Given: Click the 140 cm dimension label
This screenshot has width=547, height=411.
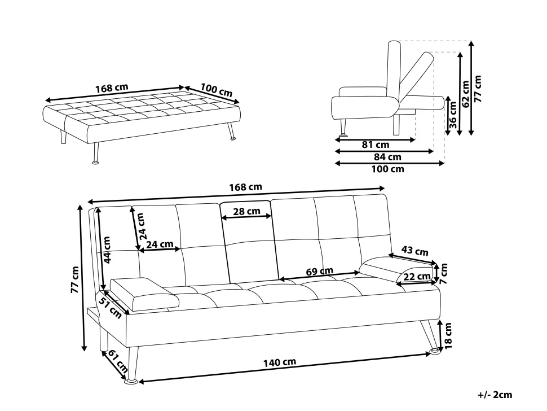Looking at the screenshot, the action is pos(280,362).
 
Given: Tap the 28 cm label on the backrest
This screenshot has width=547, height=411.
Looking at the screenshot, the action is pos(246,211).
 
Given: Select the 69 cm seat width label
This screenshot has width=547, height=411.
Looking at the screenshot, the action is pos(320,271).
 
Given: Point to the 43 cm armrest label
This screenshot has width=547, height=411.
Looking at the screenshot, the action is pos(415,250).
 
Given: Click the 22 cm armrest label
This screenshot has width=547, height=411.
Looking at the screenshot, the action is pos(417,277).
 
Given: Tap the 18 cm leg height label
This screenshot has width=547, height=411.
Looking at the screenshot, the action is pos(448,335).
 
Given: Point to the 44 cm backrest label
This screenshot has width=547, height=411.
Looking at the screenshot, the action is pos(107,250).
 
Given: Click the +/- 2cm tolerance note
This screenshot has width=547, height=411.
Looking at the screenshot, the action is pos(495,395).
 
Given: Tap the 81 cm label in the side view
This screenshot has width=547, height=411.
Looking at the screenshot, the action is pos(375,145).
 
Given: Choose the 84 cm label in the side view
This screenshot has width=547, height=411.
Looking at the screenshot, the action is pos(387,157).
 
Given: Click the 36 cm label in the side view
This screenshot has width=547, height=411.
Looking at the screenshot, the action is pos(452,115).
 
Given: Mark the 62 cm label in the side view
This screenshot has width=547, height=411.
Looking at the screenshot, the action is pos(465,94).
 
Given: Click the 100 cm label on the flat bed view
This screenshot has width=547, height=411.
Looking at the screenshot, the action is pos(217,90).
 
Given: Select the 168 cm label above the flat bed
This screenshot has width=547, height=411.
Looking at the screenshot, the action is pos(112,88).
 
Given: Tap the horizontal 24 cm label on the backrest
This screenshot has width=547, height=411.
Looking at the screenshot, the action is pos(160,244).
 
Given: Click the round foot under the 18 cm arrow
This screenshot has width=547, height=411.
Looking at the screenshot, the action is pos(435,351).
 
